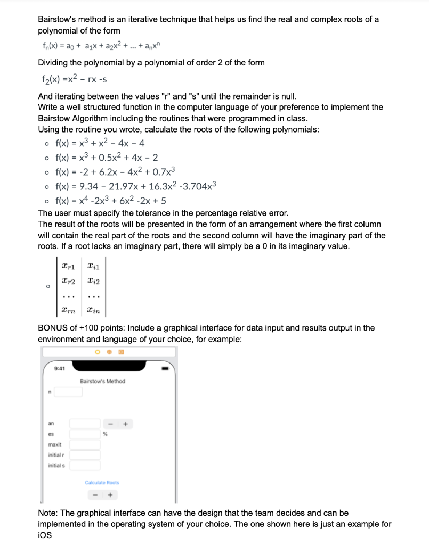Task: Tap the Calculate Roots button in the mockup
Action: (x=102, y=482)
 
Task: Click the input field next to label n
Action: (x=68, y=392)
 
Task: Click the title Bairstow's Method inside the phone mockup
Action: (x=102, y=381)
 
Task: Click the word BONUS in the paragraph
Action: (x=53, y=328)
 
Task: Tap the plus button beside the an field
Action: (x=126, y=424)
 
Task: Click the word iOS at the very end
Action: (x=45, y=535)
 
